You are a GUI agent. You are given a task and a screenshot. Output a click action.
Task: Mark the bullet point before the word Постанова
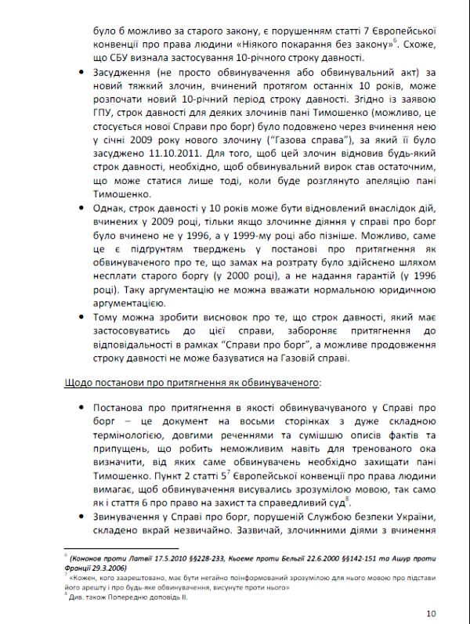click(83, 408)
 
